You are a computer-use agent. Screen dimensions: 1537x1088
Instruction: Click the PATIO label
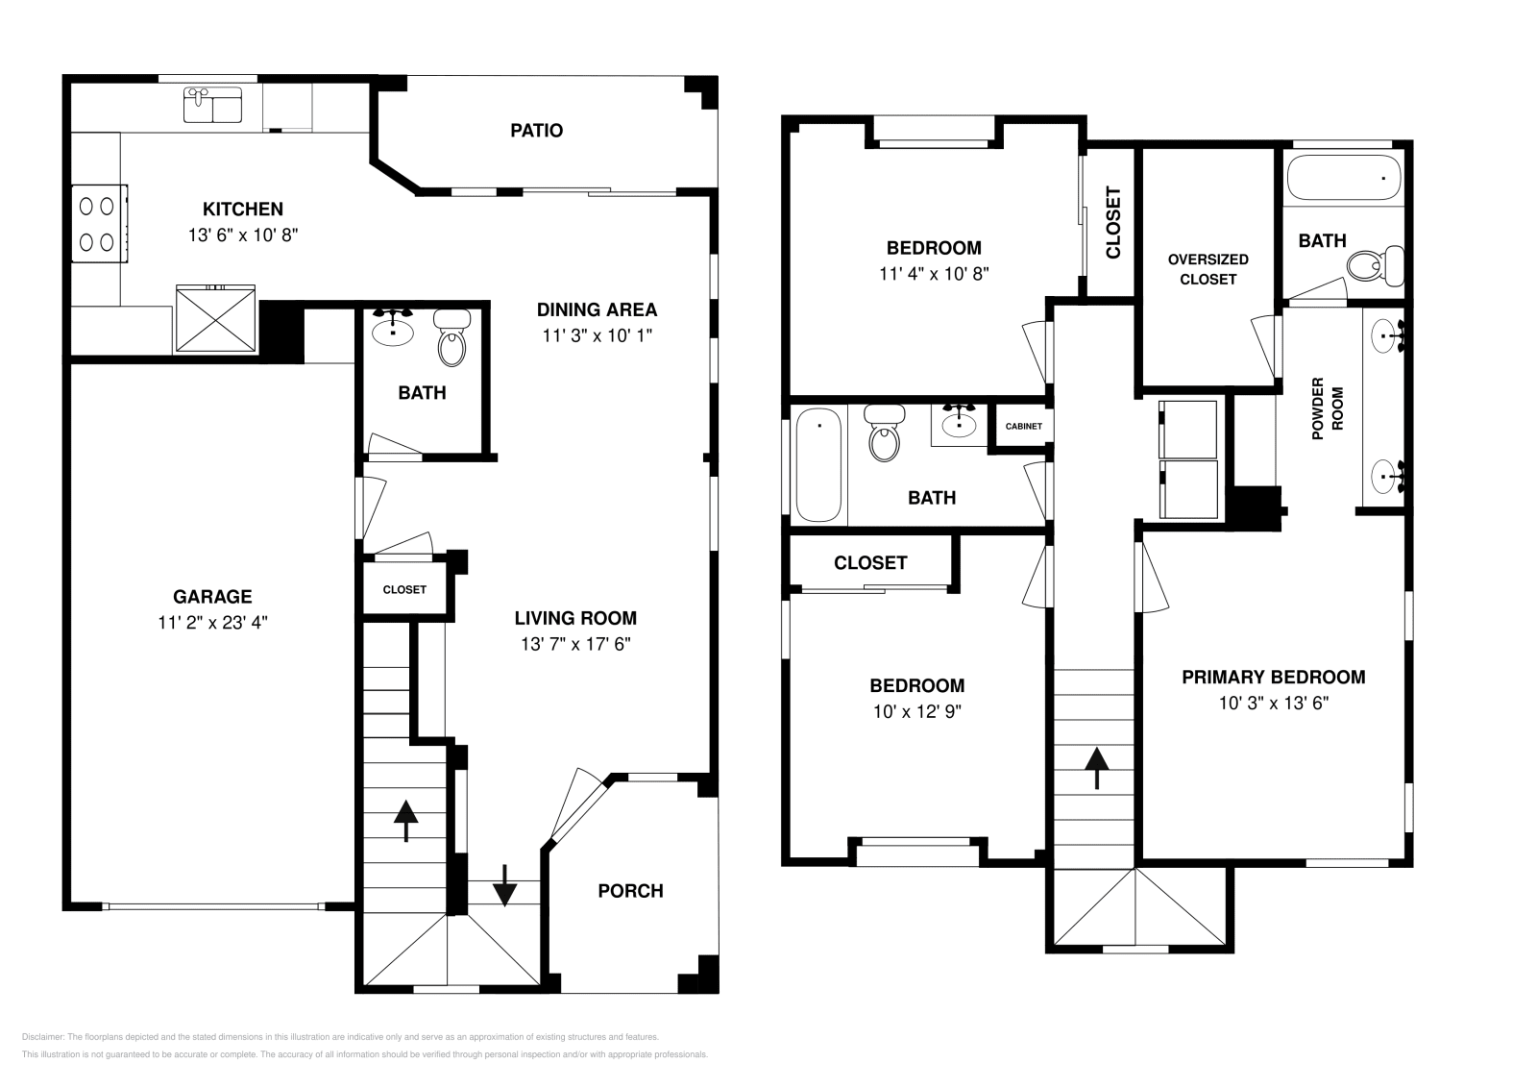pos(537,131)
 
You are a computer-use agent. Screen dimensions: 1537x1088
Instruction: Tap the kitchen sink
pos(212,105)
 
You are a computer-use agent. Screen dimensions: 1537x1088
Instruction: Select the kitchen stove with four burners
pos(100,224)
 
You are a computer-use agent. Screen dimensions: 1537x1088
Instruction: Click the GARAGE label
pos(212,597)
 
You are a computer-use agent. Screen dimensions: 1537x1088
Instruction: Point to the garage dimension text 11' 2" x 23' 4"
pos(212,623)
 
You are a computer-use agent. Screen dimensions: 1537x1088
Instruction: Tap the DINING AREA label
pos(597,310)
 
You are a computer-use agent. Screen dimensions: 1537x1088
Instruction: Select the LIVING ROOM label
pos(575,618)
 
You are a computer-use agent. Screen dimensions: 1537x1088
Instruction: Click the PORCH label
pos(630,891)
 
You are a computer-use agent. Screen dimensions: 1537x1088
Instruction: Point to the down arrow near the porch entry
pos(505,885)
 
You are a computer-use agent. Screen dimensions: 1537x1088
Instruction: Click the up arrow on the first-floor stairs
pos(406,821)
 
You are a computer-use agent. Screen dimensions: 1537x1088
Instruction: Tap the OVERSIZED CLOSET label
pos(1208,269)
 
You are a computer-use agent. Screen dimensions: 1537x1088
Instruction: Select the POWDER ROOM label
pos(1328,408)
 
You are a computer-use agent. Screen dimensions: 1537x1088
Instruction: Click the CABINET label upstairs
pos(1024,427)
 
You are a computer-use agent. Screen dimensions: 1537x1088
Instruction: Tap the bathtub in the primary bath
pos(1344,178)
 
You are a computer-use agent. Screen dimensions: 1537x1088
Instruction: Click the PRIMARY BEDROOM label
pos(1274,678)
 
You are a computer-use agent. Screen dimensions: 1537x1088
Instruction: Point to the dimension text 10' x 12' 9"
pos(917,712)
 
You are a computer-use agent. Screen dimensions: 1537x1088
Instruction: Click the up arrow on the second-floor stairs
pos(1096,768)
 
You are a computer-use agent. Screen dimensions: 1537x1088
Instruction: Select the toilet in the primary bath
pos(1375,265)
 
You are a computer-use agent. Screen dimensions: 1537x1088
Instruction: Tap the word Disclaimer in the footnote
pos(42,1037)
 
